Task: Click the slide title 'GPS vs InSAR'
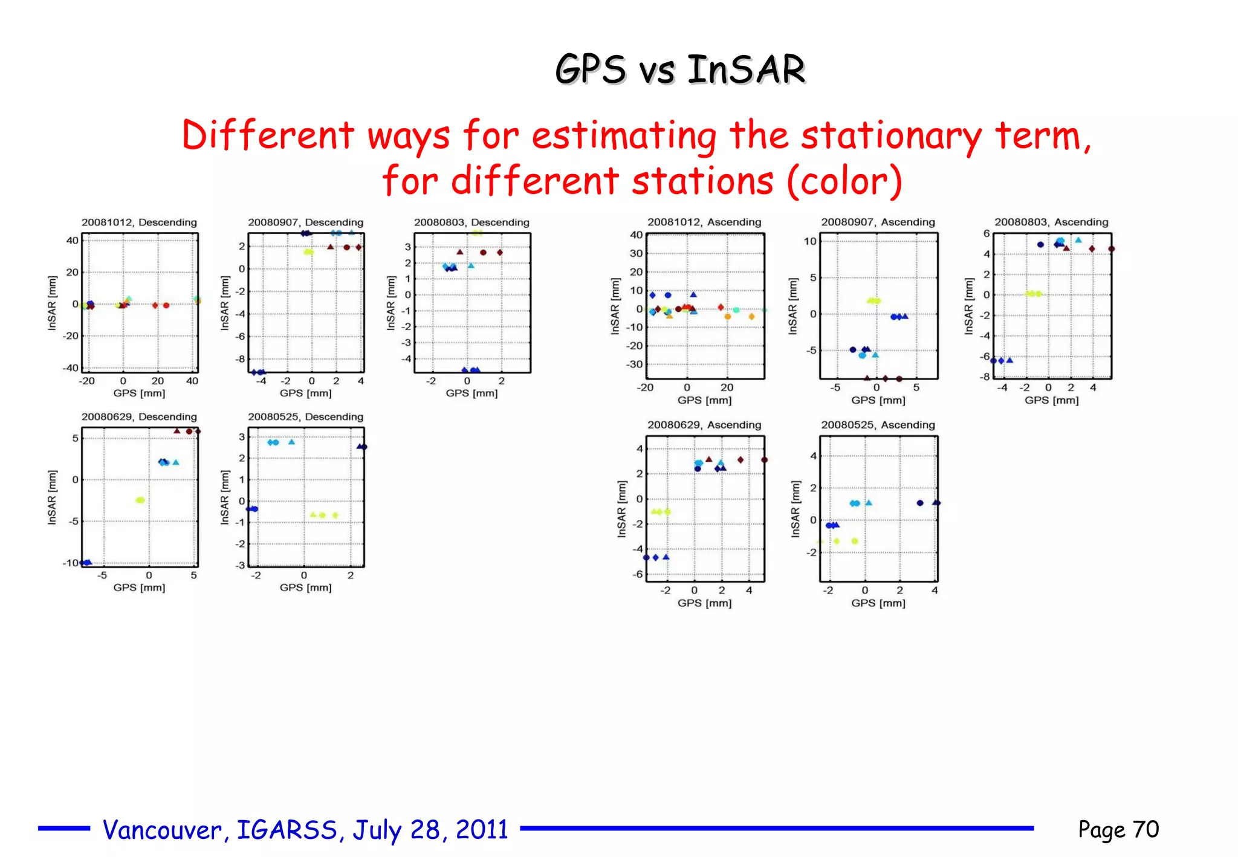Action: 680,69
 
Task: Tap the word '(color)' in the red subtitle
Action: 844,181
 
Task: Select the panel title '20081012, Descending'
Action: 139,222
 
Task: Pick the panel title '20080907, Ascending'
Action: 878,222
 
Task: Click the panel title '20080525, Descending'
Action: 305,417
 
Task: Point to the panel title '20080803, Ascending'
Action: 1051,222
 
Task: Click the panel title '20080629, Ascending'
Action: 704,425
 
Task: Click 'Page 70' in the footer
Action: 1118,830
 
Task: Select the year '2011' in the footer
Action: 482,830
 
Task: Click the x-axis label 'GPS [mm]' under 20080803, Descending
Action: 472,393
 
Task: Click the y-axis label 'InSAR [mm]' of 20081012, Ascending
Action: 615,306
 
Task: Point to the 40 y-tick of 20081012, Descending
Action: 72,241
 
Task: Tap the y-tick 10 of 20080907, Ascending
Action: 809,242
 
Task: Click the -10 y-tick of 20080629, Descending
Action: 70,563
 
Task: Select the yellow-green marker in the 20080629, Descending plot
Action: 140,500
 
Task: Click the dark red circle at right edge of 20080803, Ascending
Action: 1111,249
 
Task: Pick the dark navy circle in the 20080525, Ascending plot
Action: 919,503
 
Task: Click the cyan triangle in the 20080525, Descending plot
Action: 291,442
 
